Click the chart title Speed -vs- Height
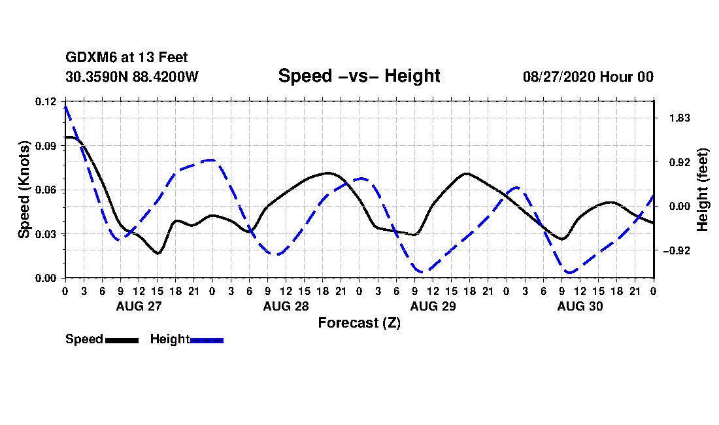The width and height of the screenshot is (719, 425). click(x=359, y=76)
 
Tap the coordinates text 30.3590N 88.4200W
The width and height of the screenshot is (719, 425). click(x=132, y=76)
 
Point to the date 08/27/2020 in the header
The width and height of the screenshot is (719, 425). click(x=559, y=76)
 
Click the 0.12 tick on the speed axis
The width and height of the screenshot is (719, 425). click(x=45, y=101)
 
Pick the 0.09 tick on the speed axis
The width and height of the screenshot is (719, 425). click(x=45, y=146)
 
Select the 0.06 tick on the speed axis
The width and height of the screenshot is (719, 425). click(x=45, y=190)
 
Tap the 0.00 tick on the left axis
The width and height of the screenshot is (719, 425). click(x=45, y=279)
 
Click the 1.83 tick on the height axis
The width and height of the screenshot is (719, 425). click(x=680, y=118)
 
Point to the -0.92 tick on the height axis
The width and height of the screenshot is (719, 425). click(x=677, y=250)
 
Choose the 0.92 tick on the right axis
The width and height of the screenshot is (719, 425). click(x=680, y=162)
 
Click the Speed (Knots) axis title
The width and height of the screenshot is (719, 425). click(x=24, y=190)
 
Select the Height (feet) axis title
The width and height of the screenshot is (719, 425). click(x=703, y=190)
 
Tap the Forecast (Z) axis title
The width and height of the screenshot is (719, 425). click(x=359, y=323)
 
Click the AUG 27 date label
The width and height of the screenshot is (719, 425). click(x=139, y=306)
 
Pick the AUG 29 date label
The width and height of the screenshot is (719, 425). click(x=433, y=306)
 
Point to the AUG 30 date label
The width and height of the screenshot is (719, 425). click(x=580, y=306)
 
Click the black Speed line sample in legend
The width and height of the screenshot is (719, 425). click(x=122, y=340)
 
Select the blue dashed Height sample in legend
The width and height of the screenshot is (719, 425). click(x=207, y=340)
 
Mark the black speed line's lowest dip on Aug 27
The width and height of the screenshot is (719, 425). click(x=158, y=253)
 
